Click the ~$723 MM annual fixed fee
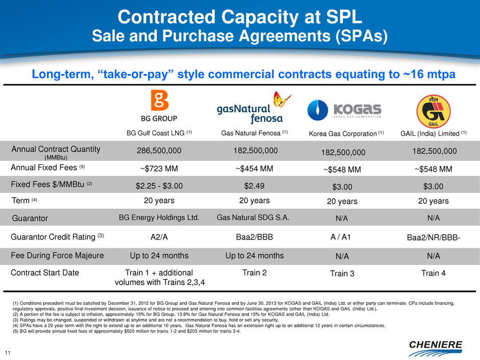coord(159,168)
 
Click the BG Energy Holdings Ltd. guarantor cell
coord(159,218)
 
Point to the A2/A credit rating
coord(159,236)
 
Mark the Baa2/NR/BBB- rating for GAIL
coord(433,237)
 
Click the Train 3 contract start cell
coord(342,274)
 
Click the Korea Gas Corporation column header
coord(342,134)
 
